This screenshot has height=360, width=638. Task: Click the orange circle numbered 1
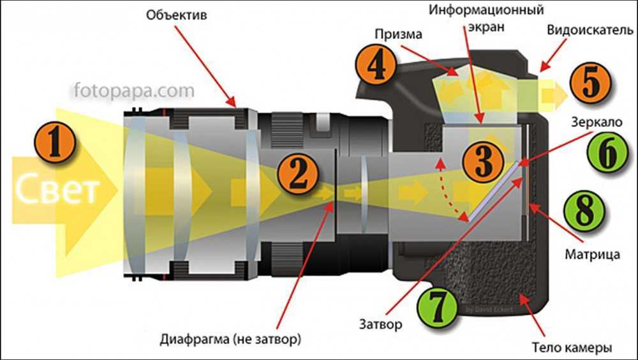click(55, 144)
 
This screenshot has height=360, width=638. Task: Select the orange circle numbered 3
click(484, 160)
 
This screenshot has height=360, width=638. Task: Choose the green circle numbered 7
click(438, 308)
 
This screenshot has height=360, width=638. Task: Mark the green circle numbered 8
click(584, 211)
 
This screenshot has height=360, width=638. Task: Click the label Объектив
click(177, 15)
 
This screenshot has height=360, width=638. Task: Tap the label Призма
click(398, 34)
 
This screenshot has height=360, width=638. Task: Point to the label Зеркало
click(597, 122)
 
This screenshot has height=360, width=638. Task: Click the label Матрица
click(593, 254)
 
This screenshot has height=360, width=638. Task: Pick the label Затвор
click(380, 324)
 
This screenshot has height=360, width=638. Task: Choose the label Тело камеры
click(572, 347)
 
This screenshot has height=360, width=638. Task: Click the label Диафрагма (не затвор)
click(230, 339)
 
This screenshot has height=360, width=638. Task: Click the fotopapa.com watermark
click(134, 90)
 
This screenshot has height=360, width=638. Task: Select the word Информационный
click(486, 10)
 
